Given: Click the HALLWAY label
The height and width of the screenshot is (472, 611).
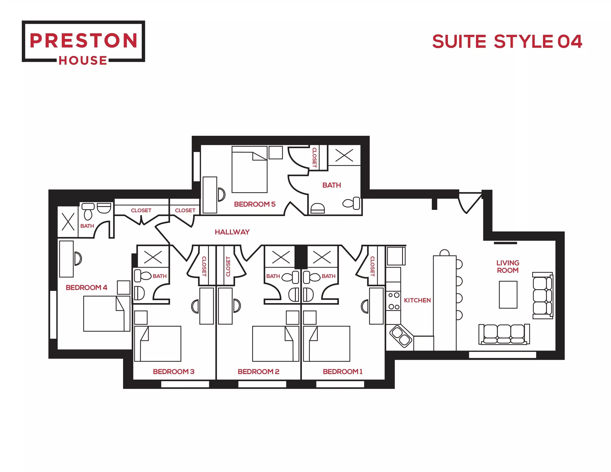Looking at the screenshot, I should pos(232,232).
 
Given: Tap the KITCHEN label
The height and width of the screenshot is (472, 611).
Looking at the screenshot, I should pos(417,300).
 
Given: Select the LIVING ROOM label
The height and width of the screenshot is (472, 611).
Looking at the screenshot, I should pos(508,267).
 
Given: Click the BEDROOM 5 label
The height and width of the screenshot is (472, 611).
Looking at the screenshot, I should pos(255,204).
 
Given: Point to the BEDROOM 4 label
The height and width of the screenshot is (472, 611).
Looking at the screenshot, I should pos(86,288).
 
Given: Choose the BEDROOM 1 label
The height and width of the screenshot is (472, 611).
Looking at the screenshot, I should pos(342,372).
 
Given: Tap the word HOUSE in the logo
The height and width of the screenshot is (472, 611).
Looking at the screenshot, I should pos(83,60).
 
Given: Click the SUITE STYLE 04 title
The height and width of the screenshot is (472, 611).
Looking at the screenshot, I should pos(507,42).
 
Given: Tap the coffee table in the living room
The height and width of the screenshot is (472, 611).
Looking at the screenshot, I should pos(508,295).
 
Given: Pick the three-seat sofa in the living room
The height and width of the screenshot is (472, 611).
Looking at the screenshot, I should pos(504,334).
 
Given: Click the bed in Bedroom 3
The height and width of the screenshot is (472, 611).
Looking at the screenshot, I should pos(158,343).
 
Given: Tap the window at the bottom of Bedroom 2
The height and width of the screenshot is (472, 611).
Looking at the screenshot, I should pos(262,384).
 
